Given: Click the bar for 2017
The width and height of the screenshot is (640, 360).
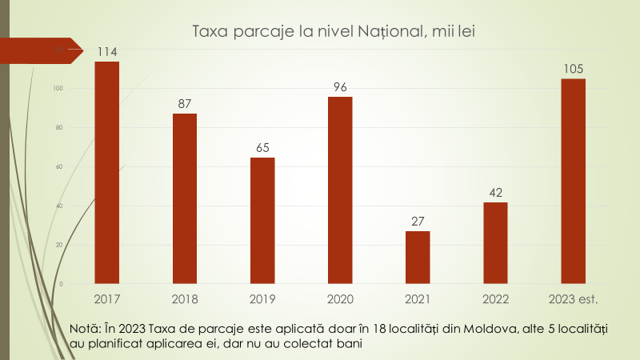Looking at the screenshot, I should (x=107, y=172).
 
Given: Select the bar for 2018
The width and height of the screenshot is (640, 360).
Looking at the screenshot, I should (x=185, y=198).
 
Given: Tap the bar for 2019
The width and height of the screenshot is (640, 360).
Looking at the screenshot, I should (x=262, y=220).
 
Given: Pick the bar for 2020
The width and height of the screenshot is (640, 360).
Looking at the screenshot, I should (x=340, y=190).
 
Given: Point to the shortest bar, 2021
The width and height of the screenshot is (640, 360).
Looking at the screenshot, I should (x=418, y=257).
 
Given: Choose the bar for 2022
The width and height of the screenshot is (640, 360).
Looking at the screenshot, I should (x=495, y=242).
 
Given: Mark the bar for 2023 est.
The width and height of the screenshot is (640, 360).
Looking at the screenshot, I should (x=573, y=181).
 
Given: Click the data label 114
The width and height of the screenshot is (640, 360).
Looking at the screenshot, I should (x=107, y=52).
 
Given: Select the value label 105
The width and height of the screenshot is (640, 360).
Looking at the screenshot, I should (x=573, y=69).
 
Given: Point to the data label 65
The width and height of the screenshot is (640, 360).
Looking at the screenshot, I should (x=262, y=148).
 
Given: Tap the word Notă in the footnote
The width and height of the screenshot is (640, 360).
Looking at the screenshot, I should (x=86, y=329).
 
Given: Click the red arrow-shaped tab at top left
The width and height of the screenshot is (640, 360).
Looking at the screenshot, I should (x=40, y=50).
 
